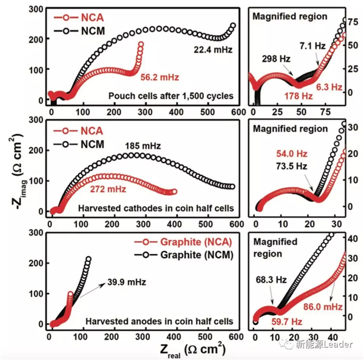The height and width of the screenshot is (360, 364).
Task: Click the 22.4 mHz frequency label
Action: (214, 47)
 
